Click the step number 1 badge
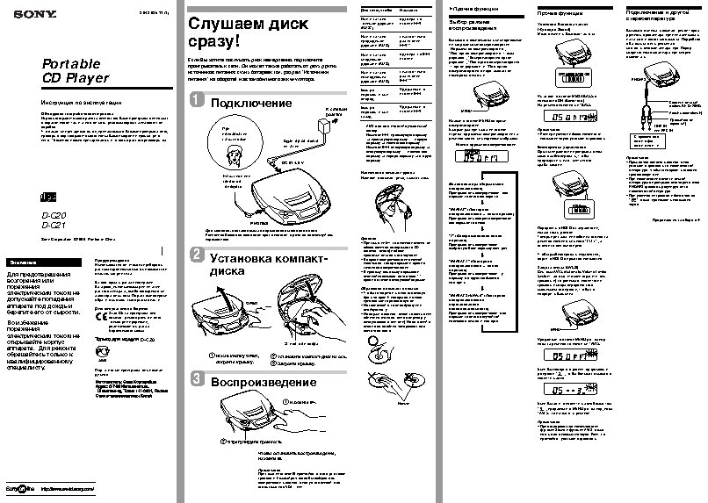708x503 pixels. pyautogui.click(x=199, y=104)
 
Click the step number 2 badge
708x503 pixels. pyautogui.click(x=199, y=255)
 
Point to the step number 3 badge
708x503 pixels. pyautogui.click(x=199, y=380)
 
